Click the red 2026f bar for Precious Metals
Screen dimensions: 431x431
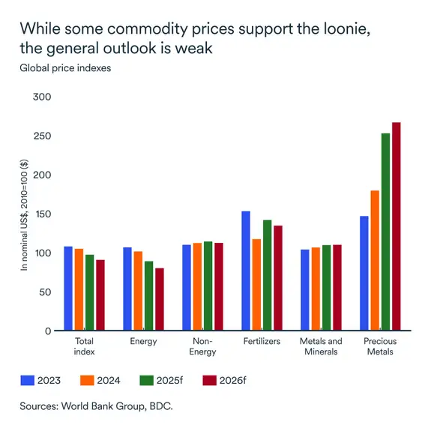pyautogui.click(x=397, y=226)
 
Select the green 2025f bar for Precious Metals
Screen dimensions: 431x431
pyautogui.click(x=385, y=232)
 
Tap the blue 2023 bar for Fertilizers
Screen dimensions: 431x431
pyautogui.click(x=245, y=271)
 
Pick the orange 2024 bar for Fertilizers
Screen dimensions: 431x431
pyautogui.click(x=256, y=285)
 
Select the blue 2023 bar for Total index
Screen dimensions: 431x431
pyautogui.click(x=68, y=289)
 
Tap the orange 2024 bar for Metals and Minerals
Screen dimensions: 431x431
pyautogui.click(x=316, y=289)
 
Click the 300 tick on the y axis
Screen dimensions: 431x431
pyautogui.click(x=43, y=97)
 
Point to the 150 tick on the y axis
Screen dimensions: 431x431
pyautogui.click(x=43, y=214)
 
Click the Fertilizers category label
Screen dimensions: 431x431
pyautogui.click(x=262, y=342)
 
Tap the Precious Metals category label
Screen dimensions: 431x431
pyautogui.click(x=380, y=346)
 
